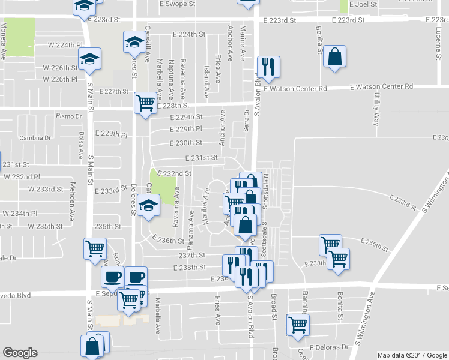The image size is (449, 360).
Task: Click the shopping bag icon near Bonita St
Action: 335,58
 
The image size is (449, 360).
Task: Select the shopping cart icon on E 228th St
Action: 145,103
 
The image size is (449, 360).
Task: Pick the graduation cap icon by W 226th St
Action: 90,59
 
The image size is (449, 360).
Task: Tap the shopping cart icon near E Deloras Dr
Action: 297,325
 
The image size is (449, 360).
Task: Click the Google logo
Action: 20,353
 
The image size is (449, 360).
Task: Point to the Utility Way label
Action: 376,109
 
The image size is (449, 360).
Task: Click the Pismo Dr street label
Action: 68,116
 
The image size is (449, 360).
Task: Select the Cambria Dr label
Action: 35,137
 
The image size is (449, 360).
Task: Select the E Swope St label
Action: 179,4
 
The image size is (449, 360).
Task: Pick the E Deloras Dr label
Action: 329,347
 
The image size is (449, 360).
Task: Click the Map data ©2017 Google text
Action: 412,355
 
